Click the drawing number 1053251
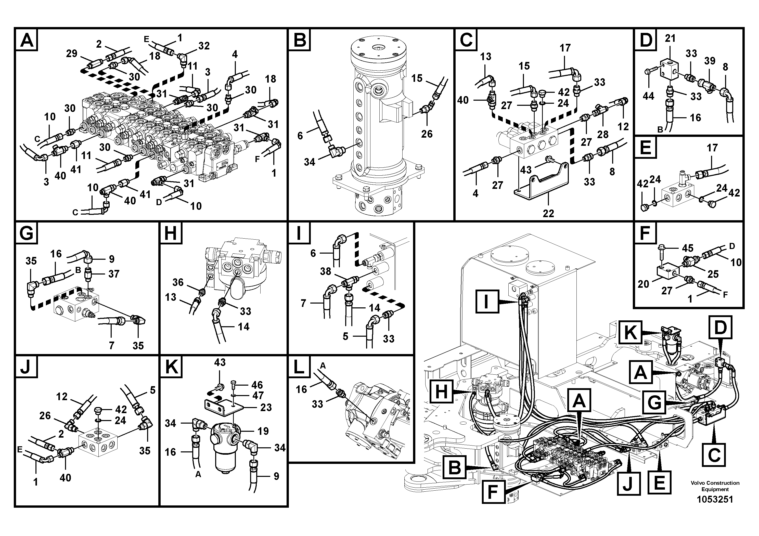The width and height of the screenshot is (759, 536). pyautogui.click(x=715, y=499)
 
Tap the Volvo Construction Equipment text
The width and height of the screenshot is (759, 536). pyautogui.click(x=715, y=486)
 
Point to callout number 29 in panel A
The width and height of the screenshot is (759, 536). pyautogui.click(x=71, y=54)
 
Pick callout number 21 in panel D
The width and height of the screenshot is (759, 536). pyautogui.click(x=670, y=39)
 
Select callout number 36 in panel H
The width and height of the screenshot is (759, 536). pyautogui.click(x=178, y=282)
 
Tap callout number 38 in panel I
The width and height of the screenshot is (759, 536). pyautogui.click(x=325, y=271)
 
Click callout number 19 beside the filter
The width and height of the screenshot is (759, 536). pyautogui.click(x=263, y=431)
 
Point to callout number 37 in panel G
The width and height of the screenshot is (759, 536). pyautogui.click(x=113, y=274)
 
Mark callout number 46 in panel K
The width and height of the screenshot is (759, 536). pyautogui.click(x=257, y=385)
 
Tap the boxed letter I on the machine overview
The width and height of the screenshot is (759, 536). pyautogui.click(x=487, y=301)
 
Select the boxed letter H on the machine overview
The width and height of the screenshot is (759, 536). pyautogui.click(x=442, y=392)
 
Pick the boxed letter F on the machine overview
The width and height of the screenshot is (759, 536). pyautogui.click(x=493, y=492)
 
